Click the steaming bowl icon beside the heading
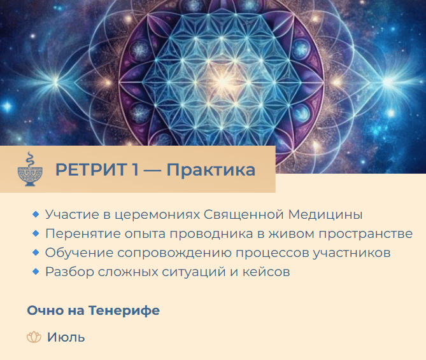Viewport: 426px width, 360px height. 30,169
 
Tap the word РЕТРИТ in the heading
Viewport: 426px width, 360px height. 91,170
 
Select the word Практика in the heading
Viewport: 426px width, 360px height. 211,170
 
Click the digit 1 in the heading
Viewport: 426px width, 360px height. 136,170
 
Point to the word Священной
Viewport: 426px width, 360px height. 244,215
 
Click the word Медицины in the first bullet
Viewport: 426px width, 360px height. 325,215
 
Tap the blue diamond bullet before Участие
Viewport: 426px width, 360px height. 36,214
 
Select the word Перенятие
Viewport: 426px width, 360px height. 83,233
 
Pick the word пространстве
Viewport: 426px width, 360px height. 366,234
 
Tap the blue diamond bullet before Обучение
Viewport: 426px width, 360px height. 36,253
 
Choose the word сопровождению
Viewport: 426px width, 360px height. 174,253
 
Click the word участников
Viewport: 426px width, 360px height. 351,253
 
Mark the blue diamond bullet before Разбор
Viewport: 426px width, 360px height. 36,272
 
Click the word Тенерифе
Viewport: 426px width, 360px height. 124,310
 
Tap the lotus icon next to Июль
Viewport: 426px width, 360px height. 34,337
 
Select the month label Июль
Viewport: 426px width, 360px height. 66,337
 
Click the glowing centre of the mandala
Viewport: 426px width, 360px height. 222,81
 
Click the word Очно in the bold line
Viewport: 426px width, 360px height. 45,310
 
